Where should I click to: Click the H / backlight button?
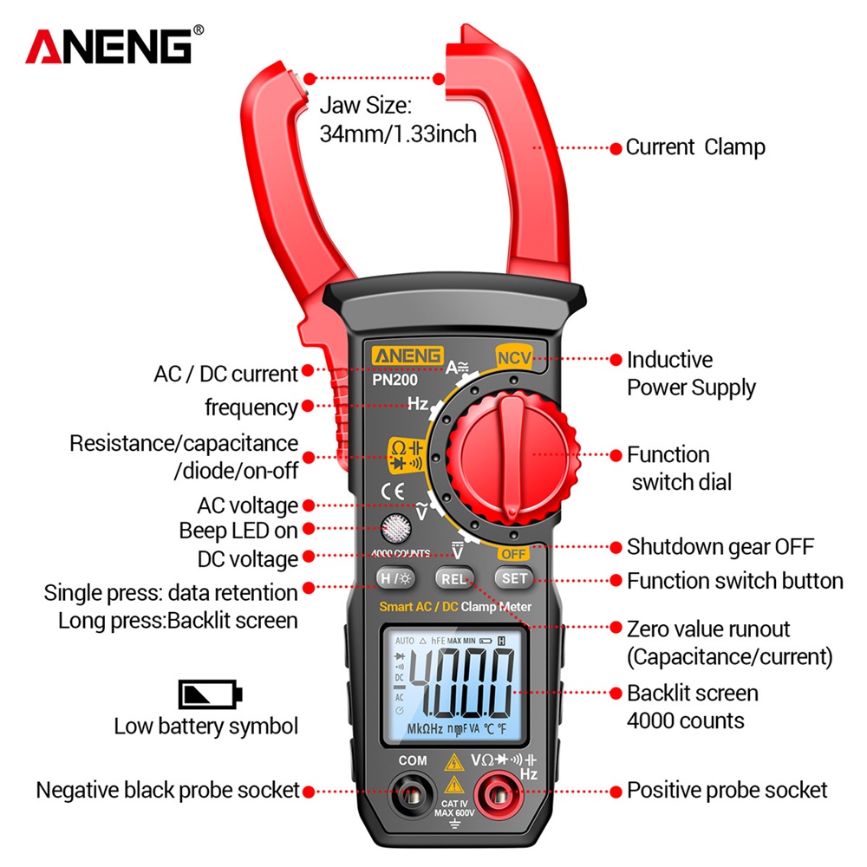394,578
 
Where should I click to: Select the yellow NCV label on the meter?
514,356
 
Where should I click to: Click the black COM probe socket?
413,792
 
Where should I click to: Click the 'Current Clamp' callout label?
695,147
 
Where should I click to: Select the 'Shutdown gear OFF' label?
720,547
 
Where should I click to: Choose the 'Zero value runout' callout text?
708,629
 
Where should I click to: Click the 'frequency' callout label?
251,407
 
